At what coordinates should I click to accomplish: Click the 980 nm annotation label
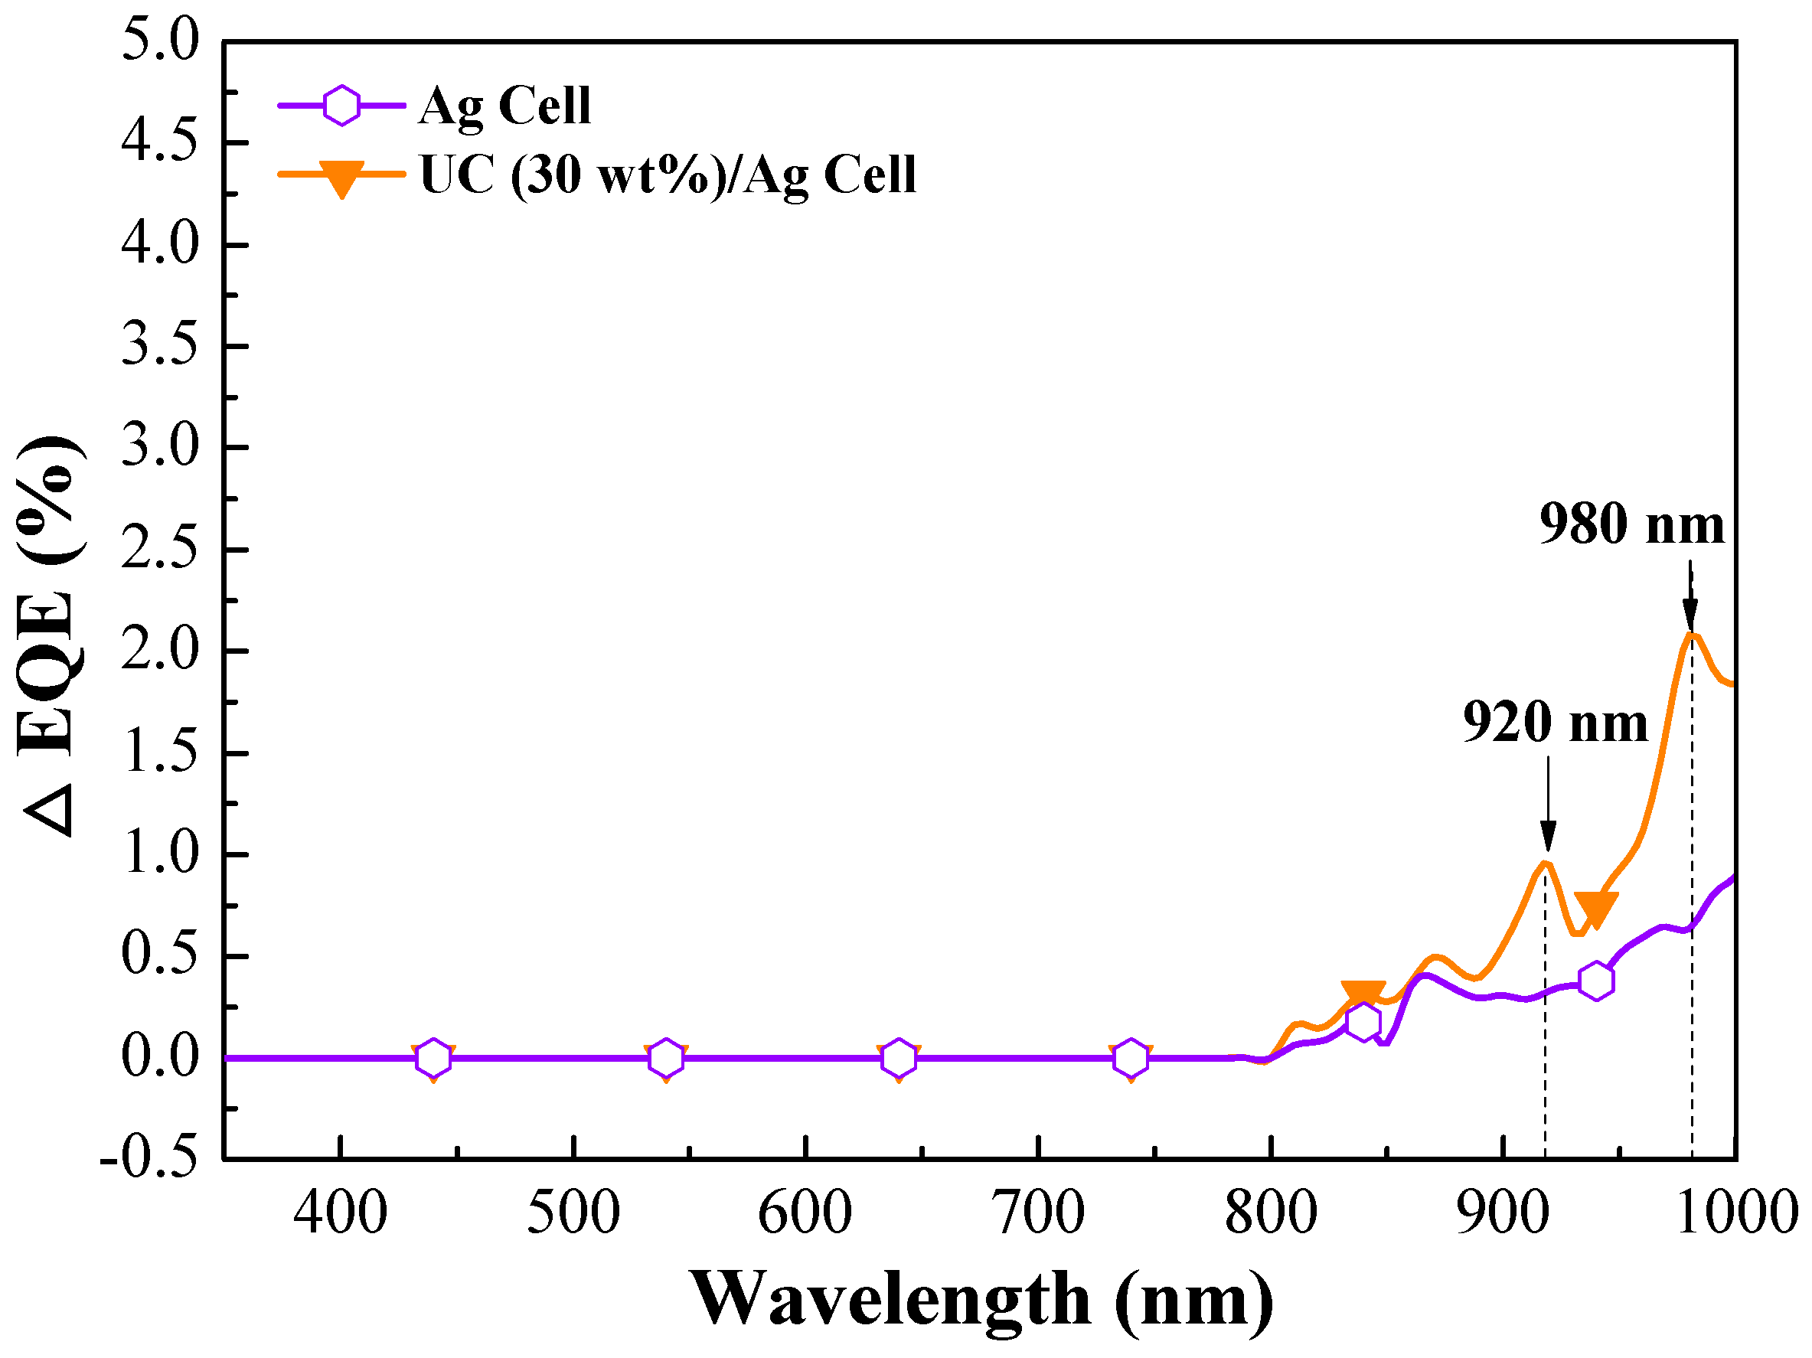[1631, 524]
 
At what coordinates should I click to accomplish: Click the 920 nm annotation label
[1555, 723]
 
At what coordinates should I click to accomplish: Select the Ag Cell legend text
[504, 106]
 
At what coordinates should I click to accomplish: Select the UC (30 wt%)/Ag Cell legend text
[668, 175]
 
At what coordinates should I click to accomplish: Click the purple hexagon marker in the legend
[341, 105]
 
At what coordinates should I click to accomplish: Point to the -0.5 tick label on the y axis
[149, 1158]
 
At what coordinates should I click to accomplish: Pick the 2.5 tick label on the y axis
[160, 549]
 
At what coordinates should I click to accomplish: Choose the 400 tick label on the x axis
[340, 1213]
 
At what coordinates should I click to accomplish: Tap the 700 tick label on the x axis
[1038, 1213]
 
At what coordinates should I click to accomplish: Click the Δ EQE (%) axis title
[51, 636]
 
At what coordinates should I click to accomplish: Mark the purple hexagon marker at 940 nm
[1596, 981]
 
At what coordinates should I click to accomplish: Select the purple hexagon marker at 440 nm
[433, 1058]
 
